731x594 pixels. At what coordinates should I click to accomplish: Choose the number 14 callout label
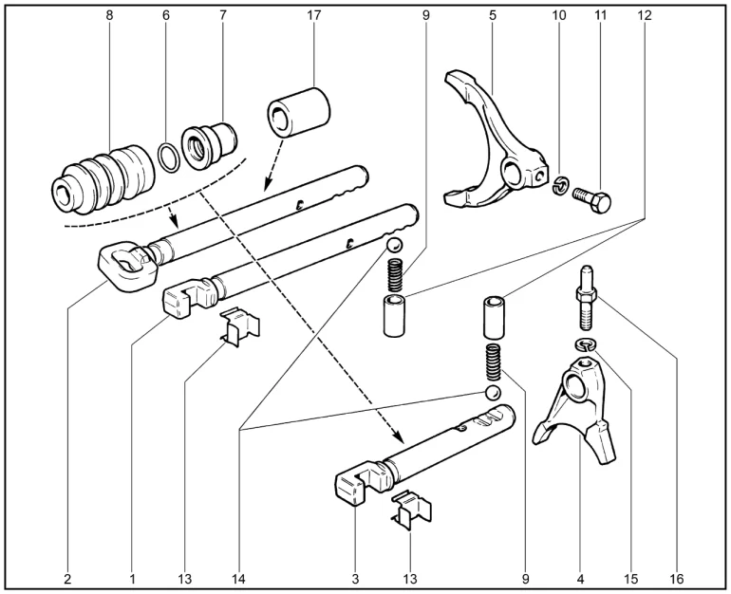tap(243, 576)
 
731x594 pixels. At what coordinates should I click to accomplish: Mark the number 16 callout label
tap(675, 576)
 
